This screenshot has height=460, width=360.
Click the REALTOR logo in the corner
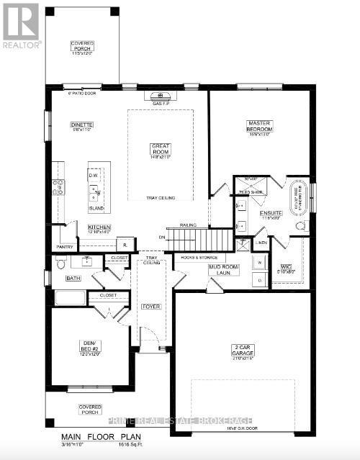pos(20,24)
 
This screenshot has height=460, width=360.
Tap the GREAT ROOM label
pos(160,149)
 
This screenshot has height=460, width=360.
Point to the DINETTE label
pos(82,125)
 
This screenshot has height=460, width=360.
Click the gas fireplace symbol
pos(160,96)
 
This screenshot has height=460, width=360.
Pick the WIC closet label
pos(286,267)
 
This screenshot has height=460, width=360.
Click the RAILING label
pos(189,225)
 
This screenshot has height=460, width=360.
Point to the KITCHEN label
pos(99,226)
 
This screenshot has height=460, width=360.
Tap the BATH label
pos(73,277)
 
